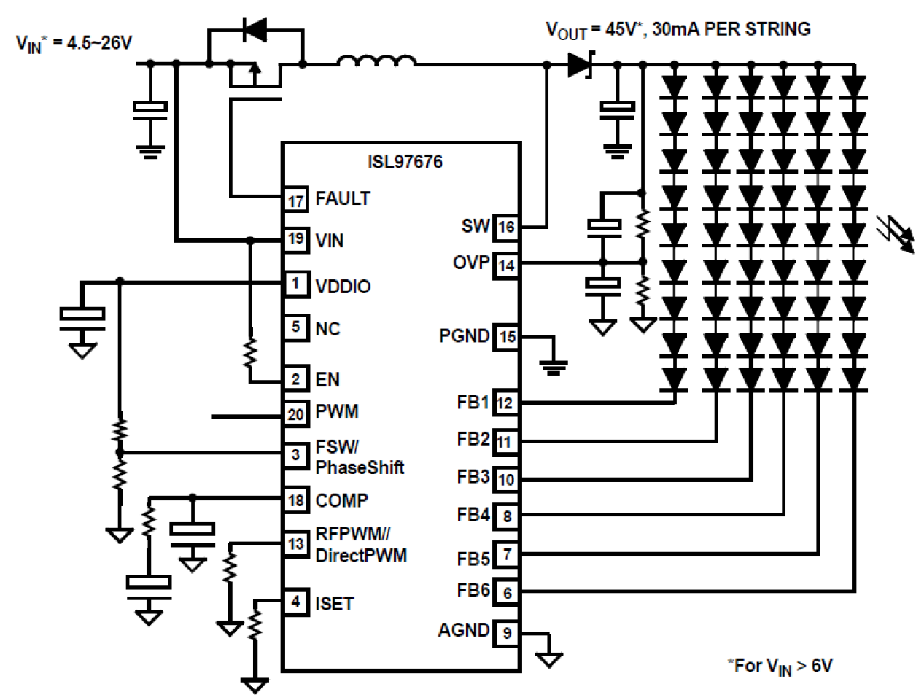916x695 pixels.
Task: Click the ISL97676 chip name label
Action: click(x=405, y=161)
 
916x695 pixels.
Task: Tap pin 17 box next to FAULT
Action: click(x=295, y=199)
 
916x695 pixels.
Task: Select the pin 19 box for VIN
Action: click(x=295, y=239)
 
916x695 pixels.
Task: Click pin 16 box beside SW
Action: click(x=506, y=227)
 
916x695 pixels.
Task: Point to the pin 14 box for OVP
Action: click(x=506, y=265)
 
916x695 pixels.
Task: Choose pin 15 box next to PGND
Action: click(x=507, y=336)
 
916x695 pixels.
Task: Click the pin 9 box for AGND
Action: click(x=507, y=632)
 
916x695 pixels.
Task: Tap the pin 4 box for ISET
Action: click(x=295, y=602)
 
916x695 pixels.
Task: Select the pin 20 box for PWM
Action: click(x=295, y=414)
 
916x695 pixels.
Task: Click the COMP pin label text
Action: click(x=341, y=501)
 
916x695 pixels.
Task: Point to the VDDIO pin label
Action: click(x=343, y=287)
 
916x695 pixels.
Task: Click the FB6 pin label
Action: click(x=473, y=590)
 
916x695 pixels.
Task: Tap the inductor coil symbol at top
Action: click(x=376, y=63)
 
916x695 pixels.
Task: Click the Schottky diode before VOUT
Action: click(x=580, y=64)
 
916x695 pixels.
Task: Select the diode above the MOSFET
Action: click(x=255, y=30)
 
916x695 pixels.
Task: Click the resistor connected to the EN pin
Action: click(x=249, y=353)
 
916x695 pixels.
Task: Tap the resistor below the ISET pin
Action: click(x=255, y=624)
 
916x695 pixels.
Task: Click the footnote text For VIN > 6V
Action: click(x=780, y=665)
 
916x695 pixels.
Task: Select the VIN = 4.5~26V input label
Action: click(x=74, y=44)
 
